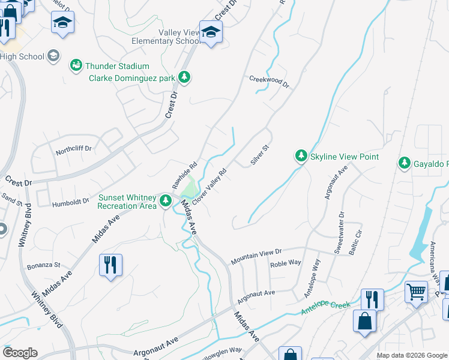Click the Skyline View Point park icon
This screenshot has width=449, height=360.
301,157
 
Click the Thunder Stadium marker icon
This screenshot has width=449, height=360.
76,65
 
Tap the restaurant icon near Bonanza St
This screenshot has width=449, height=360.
111,265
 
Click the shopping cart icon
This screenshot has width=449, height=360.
415,292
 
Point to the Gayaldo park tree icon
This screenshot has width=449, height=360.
405,163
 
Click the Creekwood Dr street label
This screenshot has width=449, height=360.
270,82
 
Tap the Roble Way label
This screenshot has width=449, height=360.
285,263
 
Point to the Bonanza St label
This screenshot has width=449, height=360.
44,265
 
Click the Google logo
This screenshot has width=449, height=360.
20,353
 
